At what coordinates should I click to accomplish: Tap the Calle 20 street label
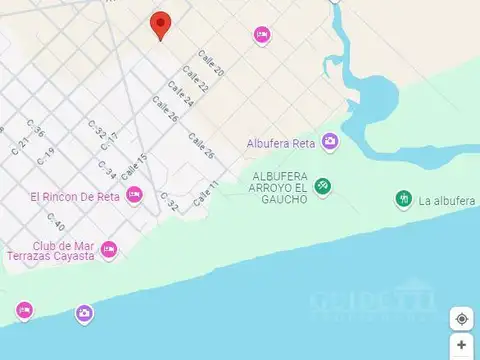211,65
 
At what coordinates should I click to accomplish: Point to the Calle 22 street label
195,83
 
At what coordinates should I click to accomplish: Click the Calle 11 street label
206,193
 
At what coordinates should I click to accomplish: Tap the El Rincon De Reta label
75,196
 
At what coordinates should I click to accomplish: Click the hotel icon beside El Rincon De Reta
134,195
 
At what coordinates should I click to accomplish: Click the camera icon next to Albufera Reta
330,143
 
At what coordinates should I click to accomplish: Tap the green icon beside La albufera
403,200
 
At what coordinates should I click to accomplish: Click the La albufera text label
447,201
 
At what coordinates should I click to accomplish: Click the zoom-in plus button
461,345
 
